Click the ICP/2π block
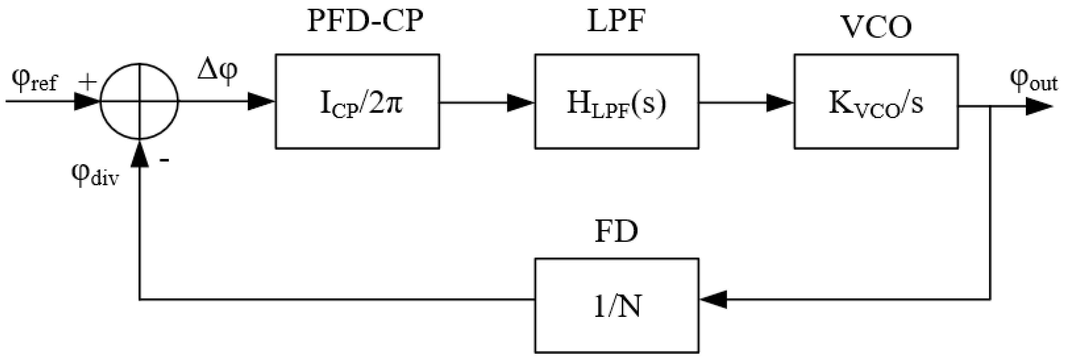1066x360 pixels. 358,101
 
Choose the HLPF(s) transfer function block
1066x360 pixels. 617,101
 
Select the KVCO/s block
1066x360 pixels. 876,101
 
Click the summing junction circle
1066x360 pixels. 140,101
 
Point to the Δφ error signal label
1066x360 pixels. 217,70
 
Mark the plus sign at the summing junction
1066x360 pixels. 87,82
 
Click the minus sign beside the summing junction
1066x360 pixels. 164,160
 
